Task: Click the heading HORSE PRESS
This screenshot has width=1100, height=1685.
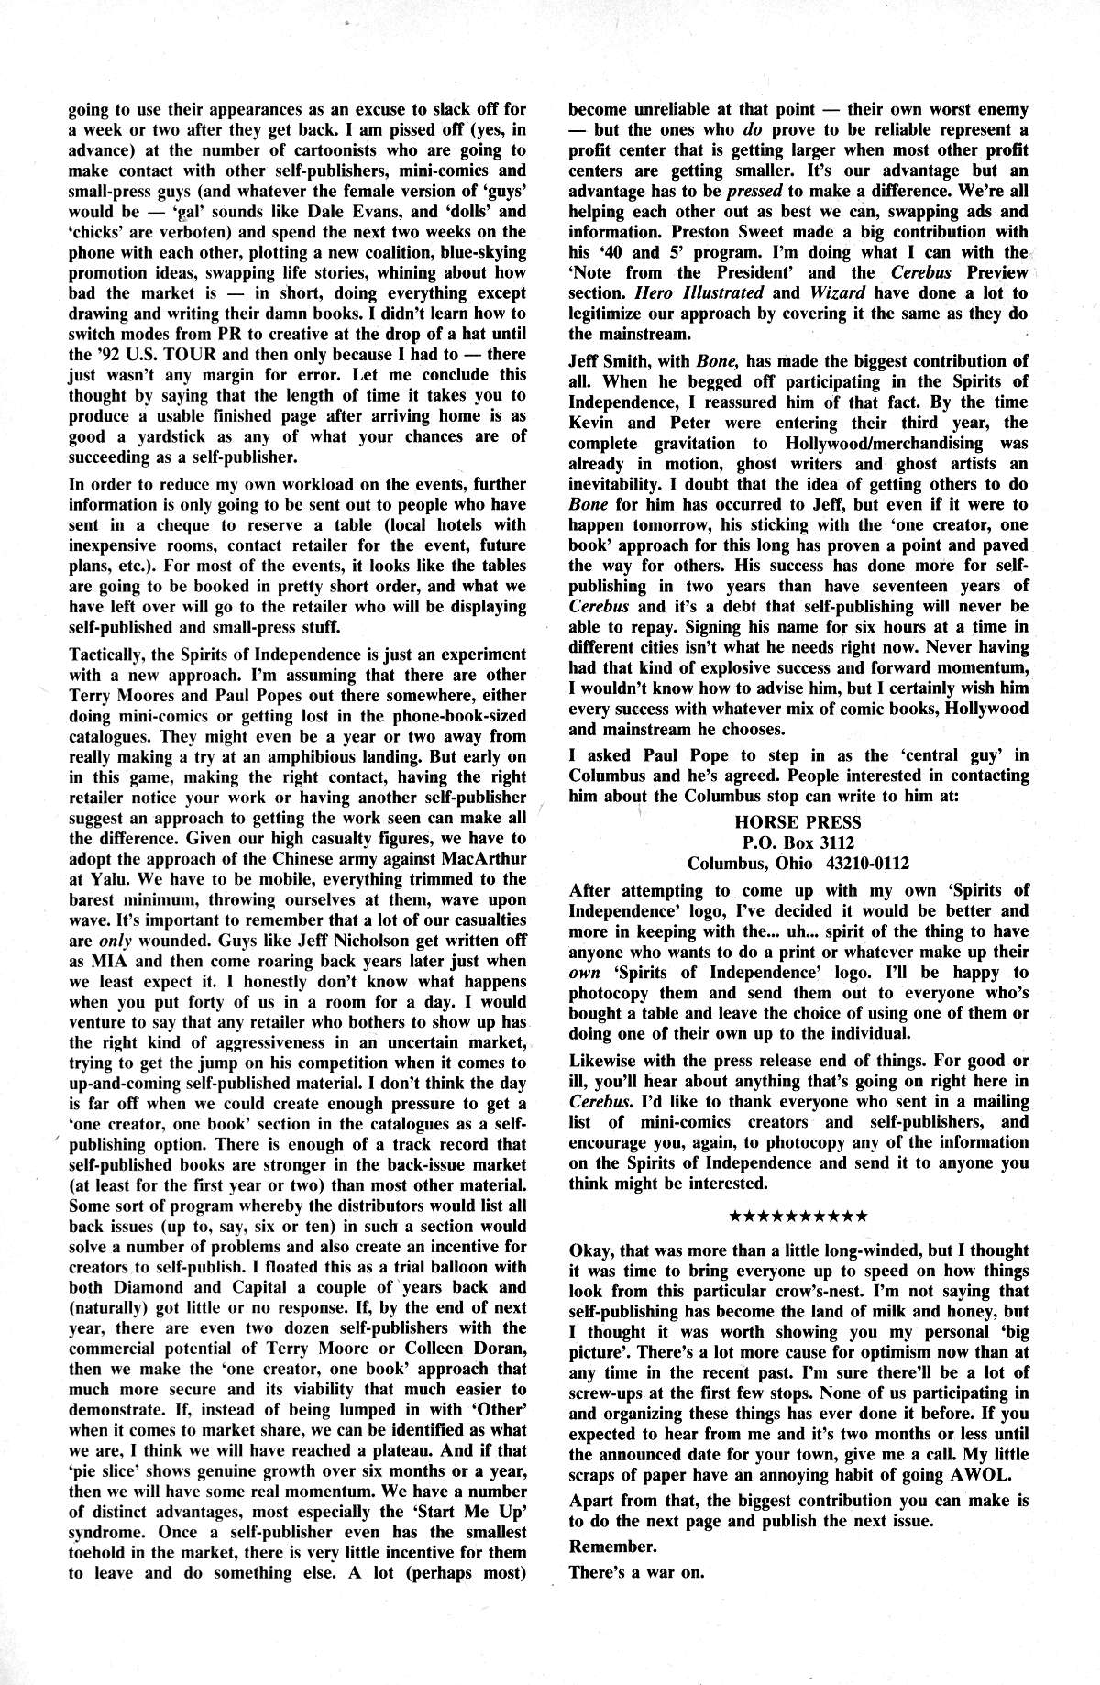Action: (797, 822)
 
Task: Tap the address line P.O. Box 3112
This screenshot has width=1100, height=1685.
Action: (797, 842)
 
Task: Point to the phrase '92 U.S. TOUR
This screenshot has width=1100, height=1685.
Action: (147, 354)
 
